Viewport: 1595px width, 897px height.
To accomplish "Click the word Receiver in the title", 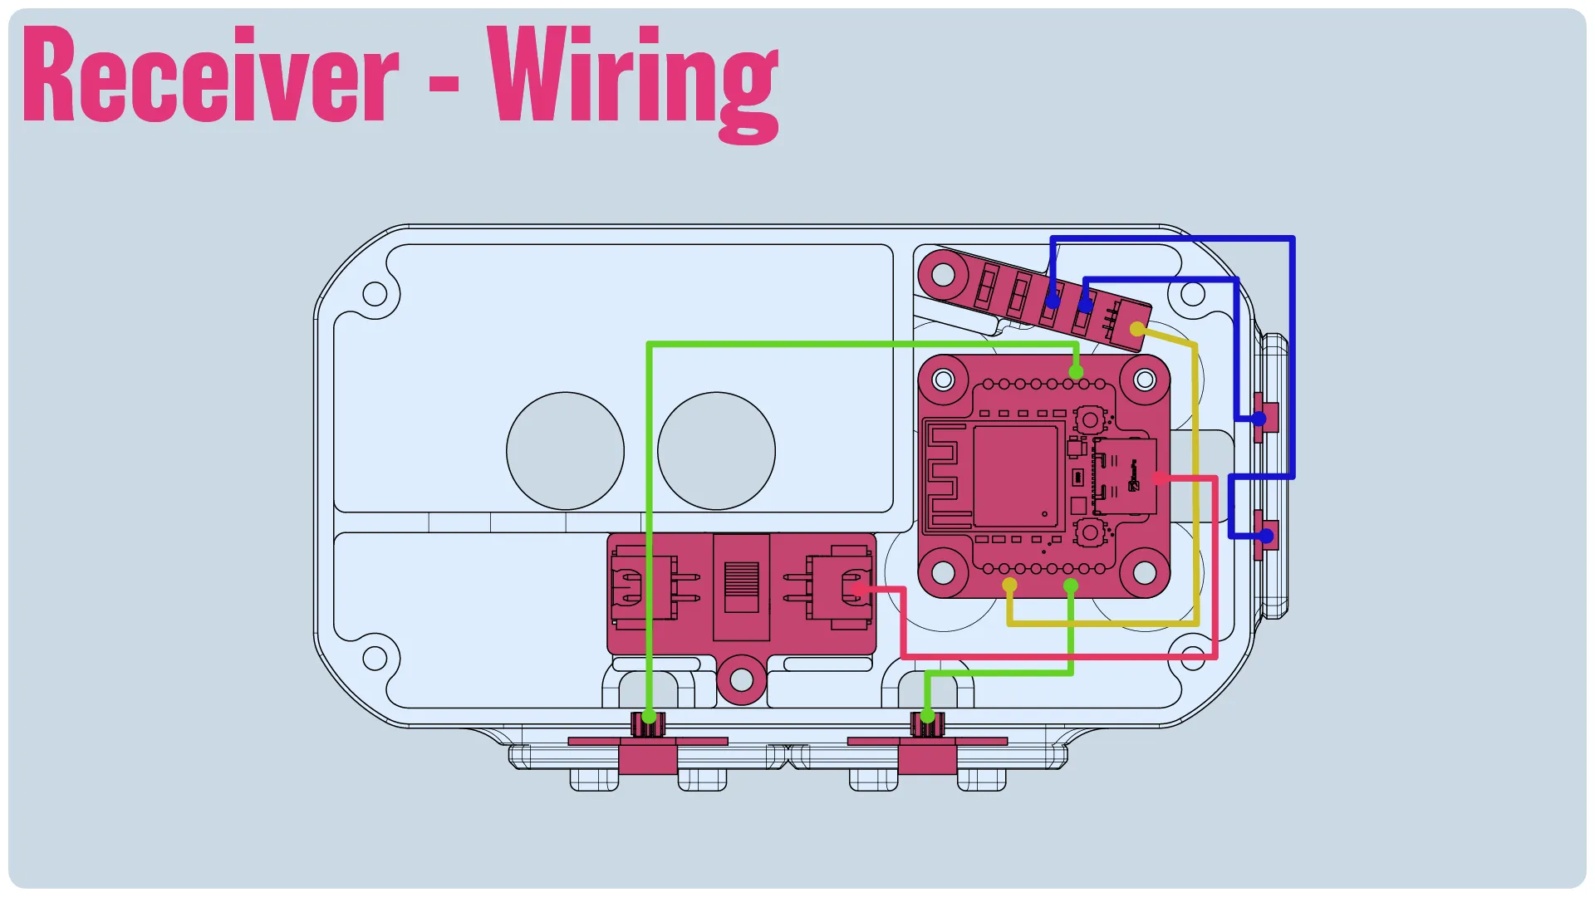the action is point(211,74).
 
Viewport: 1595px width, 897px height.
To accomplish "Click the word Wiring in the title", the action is point(633,83).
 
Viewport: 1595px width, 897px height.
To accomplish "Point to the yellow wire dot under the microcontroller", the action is point(1009,586).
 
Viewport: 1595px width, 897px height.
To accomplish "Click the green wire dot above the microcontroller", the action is point(1076,371).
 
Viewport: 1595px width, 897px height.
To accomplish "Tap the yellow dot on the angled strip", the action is point(1137,330).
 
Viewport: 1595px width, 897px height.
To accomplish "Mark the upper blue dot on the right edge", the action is point(1259,419).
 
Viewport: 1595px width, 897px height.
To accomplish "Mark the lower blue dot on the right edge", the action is point(1266,537).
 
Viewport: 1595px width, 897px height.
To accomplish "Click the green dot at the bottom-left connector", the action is point(649,717).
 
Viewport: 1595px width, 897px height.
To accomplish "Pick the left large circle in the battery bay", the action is point(565,451).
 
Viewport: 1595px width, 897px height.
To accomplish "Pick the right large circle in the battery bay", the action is point(716,451).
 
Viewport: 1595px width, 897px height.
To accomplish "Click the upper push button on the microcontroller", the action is point(1089,419).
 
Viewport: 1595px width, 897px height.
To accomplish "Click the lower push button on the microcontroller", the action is point(1089,532).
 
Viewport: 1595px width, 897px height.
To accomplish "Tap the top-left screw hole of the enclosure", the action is point(375,294).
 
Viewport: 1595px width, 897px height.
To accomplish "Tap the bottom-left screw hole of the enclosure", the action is point(375,659).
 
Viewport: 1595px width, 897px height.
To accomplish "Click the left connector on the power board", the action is point(645,588).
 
